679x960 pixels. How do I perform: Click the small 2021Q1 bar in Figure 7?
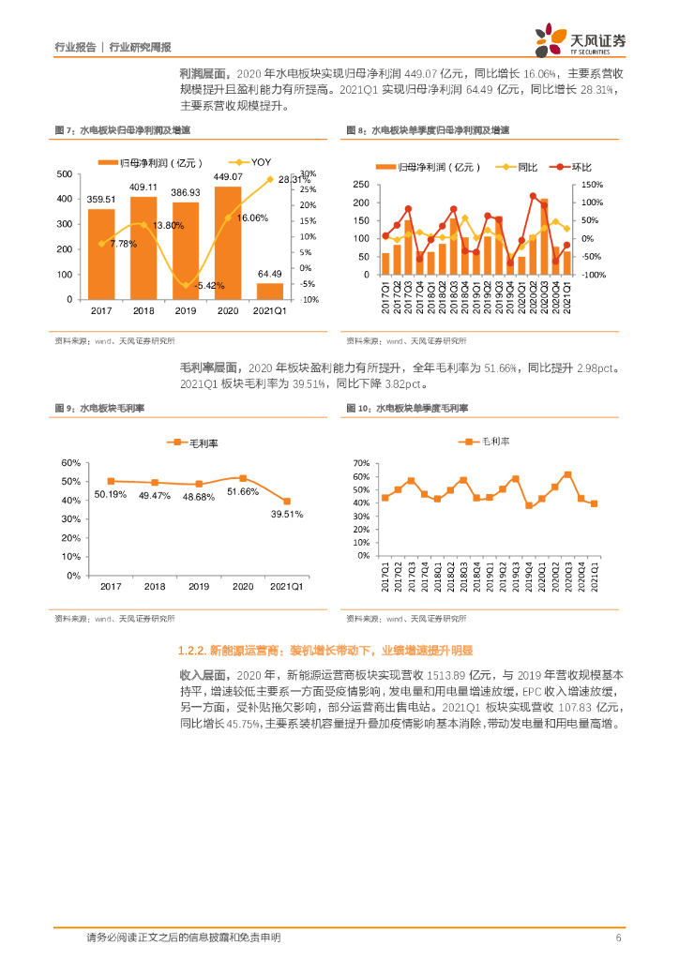coord(270,291)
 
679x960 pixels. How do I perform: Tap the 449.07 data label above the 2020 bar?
coord(228,177)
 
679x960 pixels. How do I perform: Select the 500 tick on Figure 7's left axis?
coord(65,174)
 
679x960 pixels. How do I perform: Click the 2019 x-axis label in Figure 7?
coord(186,309)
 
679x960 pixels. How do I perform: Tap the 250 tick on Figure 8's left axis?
coord(362,185)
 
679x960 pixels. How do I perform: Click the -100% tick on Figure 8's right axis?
coord(593,275)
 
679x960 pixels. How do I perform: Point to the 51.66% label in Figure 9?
coord(242,491)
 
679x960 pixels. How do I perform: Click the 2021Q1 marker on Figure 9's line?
coord(287,502)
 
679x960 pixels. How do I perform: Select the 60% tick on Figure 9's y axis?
coord(71,463)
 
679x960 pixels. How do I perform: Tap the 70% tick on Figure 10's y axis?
coord(361,463)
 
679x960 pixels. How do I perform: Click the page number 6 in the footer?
coord(618,937)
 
